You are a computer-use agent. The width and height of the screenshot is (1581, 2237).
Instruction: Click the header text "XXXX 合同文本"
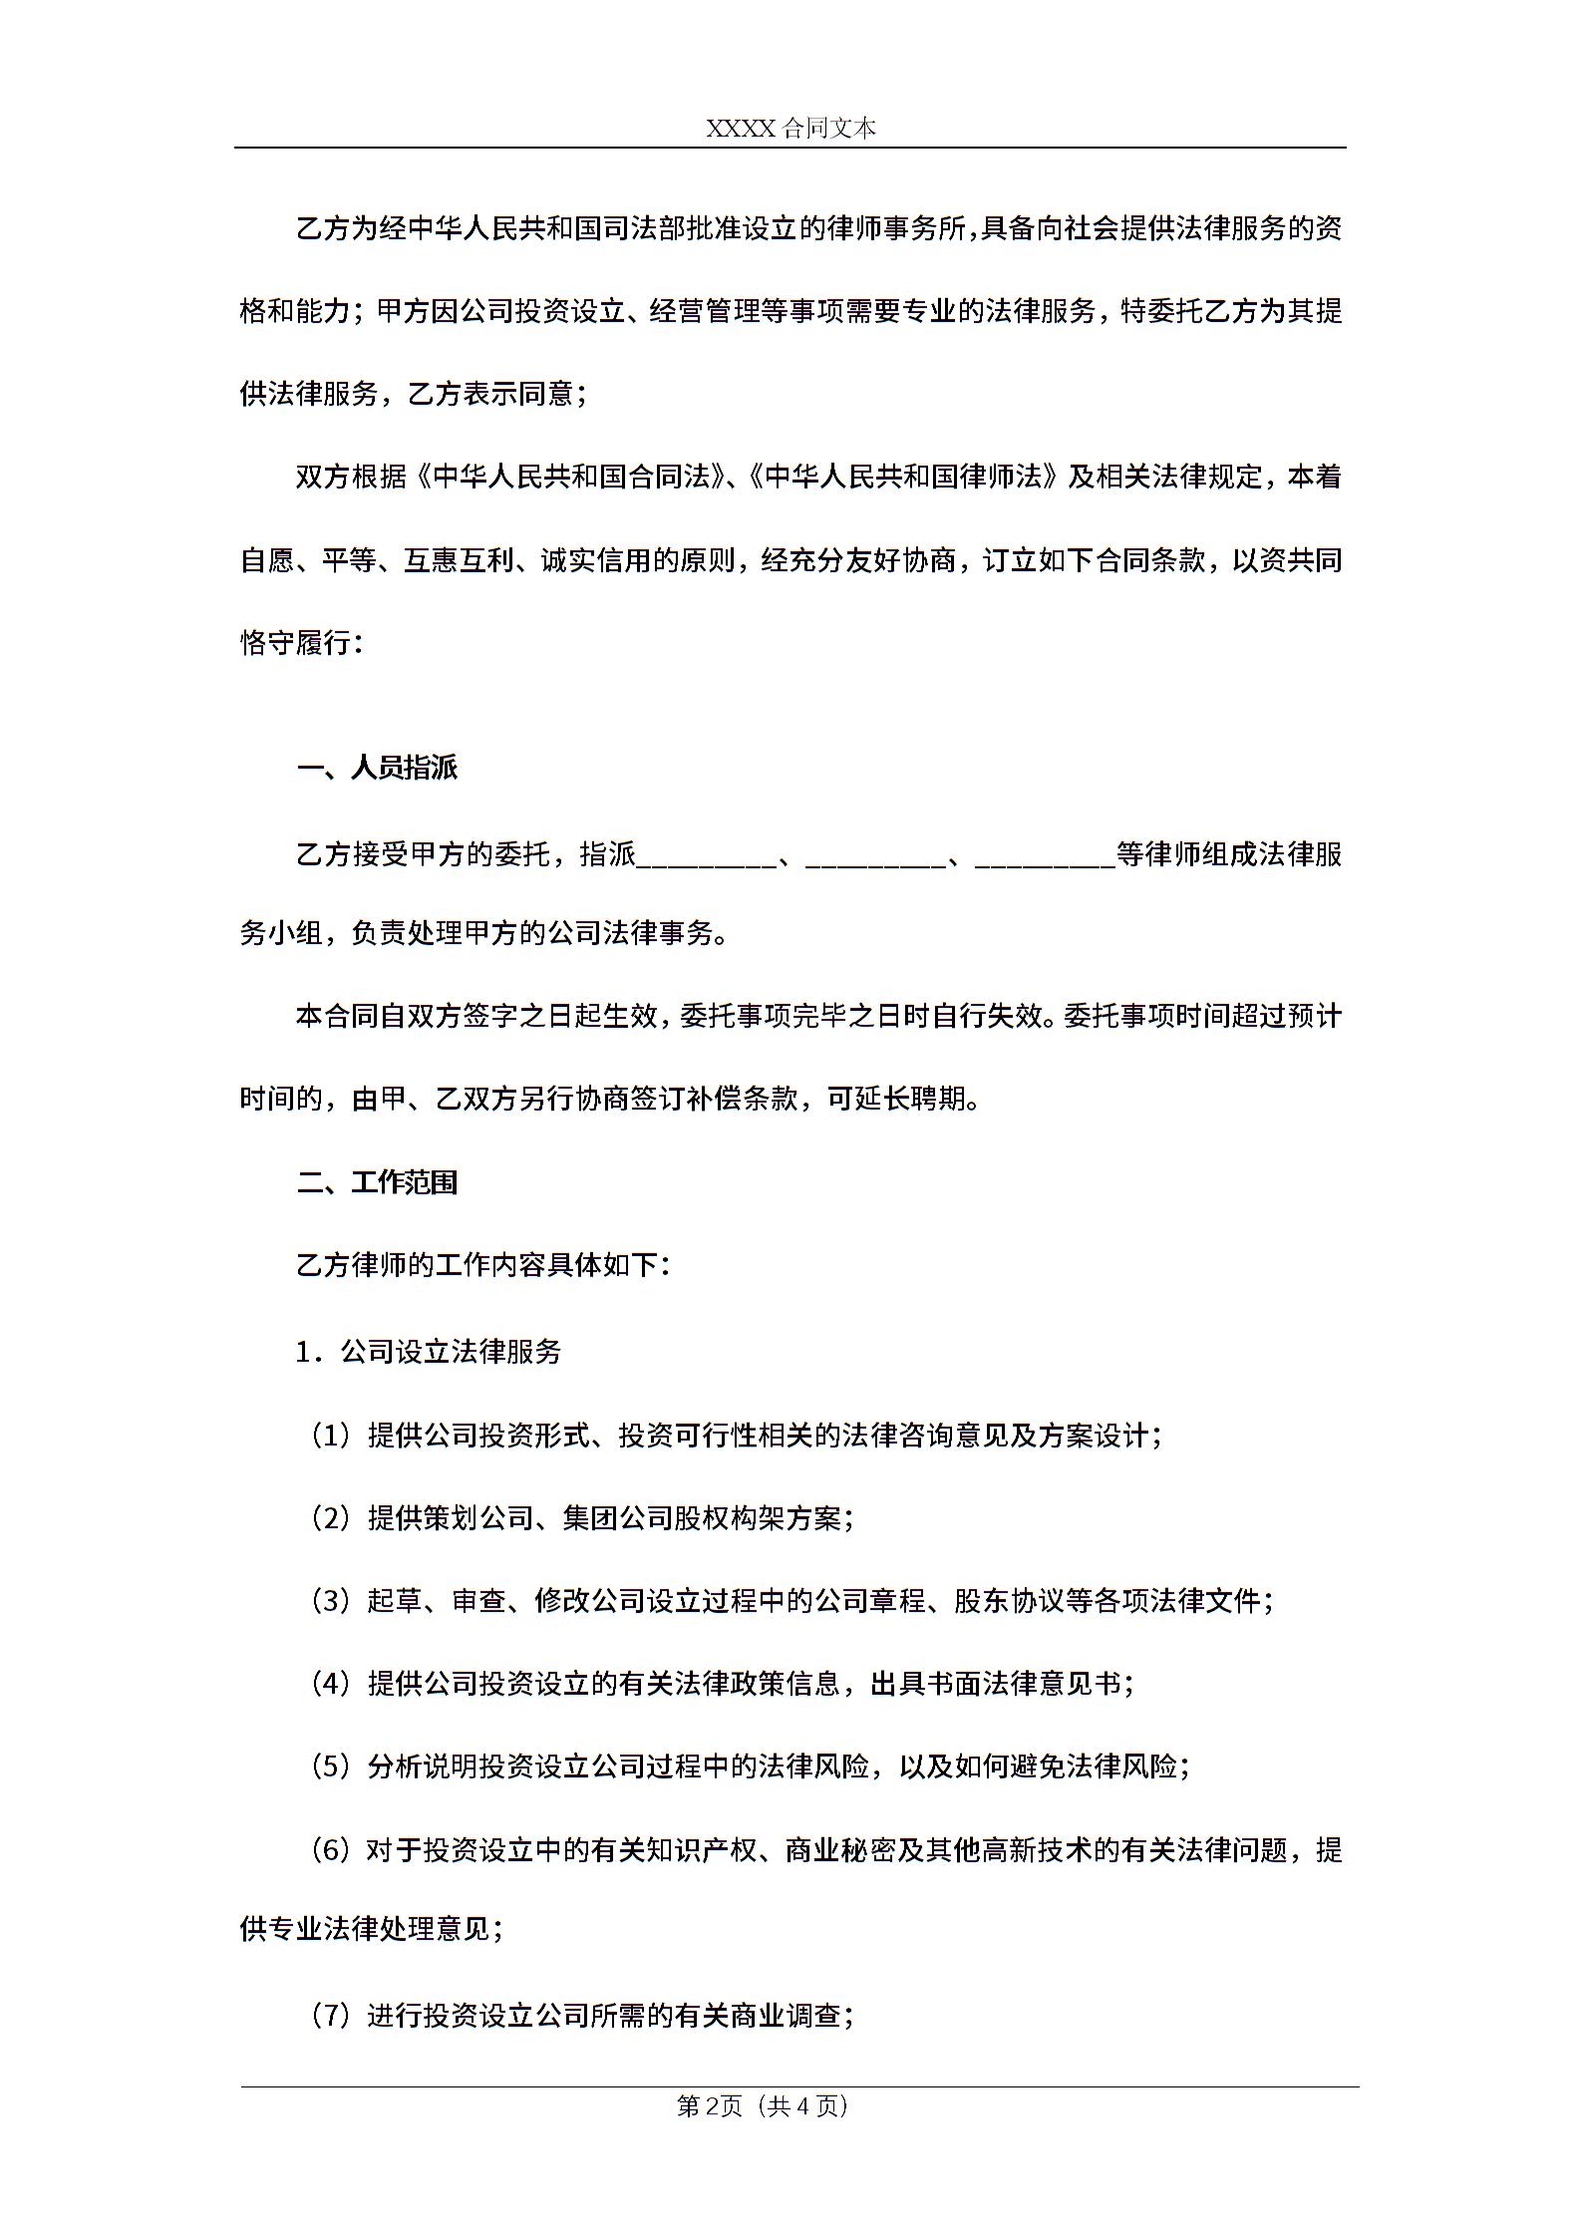point(790,128)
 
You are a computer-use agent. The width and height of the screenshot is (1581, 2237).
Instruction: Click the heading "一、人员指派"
point(378,768)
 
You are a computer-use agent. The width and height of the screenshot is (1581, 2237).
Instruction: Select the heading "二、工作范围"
point(378,1182)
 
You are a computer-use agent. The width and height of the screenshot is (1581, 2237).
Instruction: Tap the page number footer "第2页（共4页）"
point(763,2105)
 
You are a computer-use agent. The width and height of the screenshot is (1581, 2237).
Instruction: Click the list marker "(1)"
point(330,1436)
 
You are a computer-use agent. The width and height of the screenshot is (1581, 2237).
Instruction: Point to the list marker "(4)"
point(330,1684)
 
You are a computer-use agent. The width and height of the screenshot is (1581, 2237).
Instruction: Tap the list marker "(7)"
point(330,2016)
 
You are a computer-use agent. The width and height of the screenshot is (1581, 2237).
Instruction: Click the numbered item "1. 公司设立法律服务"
point(429,1352)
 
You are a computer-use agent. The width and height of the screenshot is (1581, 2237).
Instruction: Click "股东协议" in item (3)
point(1009,1601)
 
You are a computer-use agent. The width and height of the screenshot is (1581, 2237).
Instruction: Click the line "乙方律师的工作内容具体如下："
point(483,1265)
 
